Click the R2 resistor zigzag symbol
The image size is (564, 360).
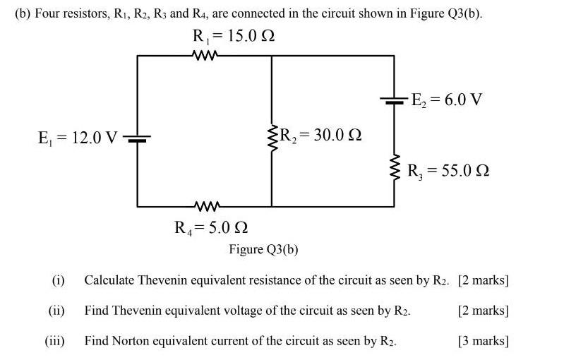pyautogui.click(x=272, y=135)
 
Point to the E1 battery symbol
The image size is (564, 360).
pyautogui.click(x=138, y=138)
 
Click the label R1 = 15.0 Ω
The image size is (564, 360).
pyautogui.click(x=233, y=36)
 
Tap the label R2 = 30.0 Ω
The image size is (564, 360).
pyautogui.click(x=322, y=134)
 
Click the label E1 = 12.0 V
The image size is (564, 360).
pyautogui.click(x=78, y=138)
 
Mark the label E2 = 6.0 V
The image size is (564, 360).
pyautogui.click(x=448, y=99)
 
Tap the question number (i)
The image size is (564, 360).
pyautogui.click(x=58, y=280)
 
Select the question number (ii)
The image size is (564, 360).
pyautogui.click(x=56, y=311)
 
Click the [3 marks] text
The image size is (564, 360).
pyautogui.click(x=483, y=341)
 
